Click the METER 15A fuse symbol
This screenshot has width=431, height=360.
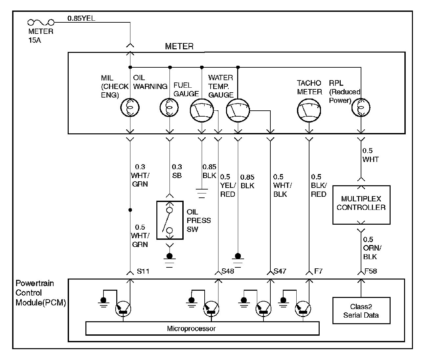(41, 22)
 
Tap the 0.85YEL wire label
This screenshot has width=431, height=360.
(81, 18)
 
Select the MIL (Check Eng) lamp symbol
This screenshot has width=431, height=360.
(130, 107)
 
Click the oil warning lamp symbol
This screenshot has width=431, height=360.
(169, 107)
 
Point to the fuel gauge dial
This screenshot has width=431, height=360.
(202, 110)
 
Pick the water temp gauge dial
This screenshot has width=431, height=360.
(238, 110)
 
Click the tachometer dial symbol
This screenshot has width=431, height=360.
(309, 110)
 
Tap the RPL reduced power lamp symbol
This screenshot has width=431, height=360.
(361, 107)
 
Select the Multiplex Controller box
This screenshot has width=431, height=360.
(361, 205)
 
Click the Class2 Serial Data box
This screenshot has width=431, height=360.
(361, 311)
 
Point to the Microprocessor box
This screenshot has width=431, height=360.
(202, 328)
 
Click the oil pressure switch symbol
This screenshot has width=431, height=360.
(170, 220)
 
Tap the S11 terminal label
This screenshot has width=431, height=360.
(143, 271)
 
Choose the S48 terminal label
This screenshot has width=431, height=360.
(228, 271)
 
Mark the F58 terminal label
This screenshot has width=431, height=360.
(371, 271)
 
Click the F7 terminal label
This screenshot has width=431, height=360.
(318, 271)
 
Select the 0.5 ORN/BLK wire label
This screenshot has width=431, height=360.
(372, 248)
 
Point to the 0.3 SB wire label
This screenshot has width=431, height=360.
(177, 171)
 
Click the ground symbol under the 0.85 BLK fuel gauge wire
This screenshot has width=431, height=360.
(202, 193)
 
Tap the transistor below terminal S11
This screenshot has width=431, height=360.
(123, 309)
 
